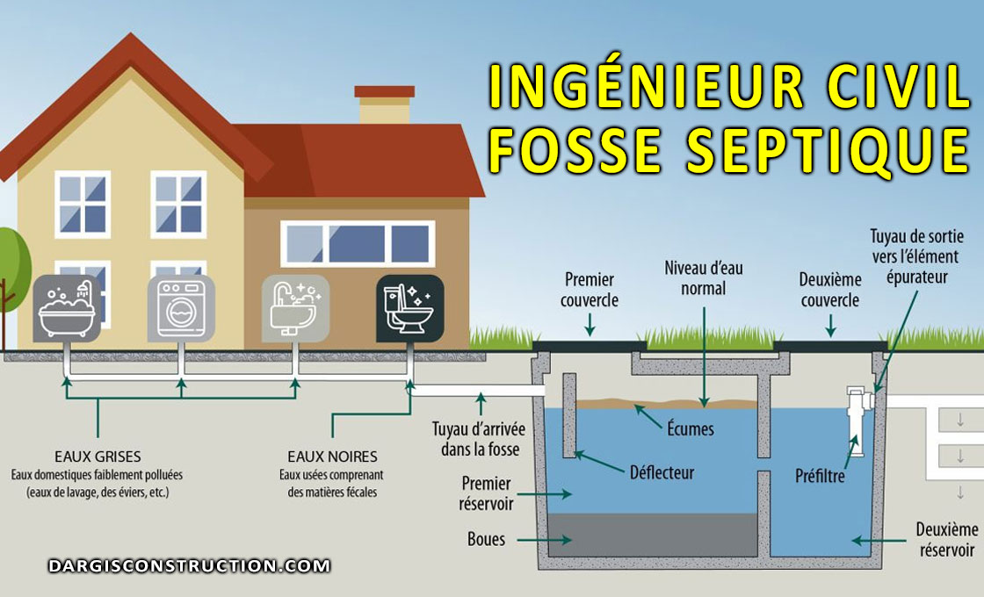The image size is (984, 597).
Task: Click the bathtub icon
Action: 68,308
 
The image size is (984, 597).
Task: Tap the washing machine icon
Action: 181,308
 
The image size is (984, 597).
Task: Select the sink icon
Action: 295,308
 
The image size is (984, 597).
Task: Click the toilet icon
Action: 409,308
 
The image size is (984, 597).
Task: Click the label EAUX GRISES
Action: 97,457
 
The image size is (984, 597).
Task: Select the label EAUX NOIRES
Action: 332,457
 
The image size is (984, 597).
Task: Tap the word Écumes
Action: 689,429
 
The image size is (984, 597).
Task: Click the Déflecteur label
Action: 662,472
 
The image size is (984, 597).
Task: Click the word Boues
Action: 487,539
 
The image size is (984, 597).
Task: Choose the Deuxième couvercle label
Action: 828,290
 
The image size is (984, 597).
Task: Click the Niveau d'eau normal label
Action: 703,277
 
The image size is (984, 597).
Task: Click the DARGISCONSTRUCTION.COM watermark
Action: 189,566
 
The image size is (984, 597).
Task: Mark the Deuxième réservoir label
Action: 946,540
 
